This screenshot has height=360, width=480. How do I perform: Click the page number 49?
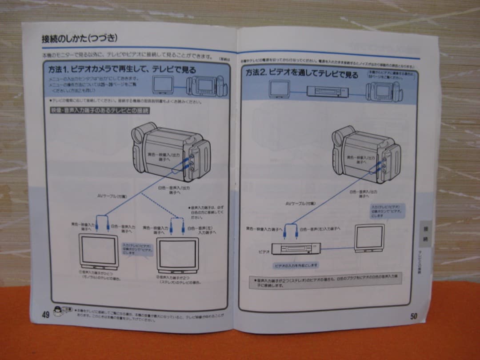tap(45, 314)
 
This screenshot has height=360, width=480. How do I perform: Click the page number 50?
tap(413, 316)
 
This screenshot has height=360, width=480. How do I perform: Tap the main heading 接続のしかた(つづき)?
tap(80, 39)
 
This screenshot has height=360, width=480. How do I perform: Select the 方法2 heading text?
tap(302, 73)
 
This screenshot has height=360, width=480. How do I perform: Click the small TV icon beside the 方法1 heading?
tap(163, 84)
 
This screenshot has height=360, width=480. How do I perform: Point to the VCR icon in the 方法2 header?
tap(328, 92)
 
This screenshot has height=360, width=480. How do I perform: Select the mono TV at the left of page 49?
tap(99, 251)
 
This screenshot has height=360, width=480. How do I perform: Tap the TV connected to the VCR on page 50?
tap(370, 239)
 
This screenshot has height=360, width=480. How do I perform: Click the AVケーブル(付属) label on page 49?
tap(112, 196)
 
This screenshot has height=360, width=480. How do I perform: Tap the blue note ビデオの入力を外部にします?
tap(296, 265)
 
